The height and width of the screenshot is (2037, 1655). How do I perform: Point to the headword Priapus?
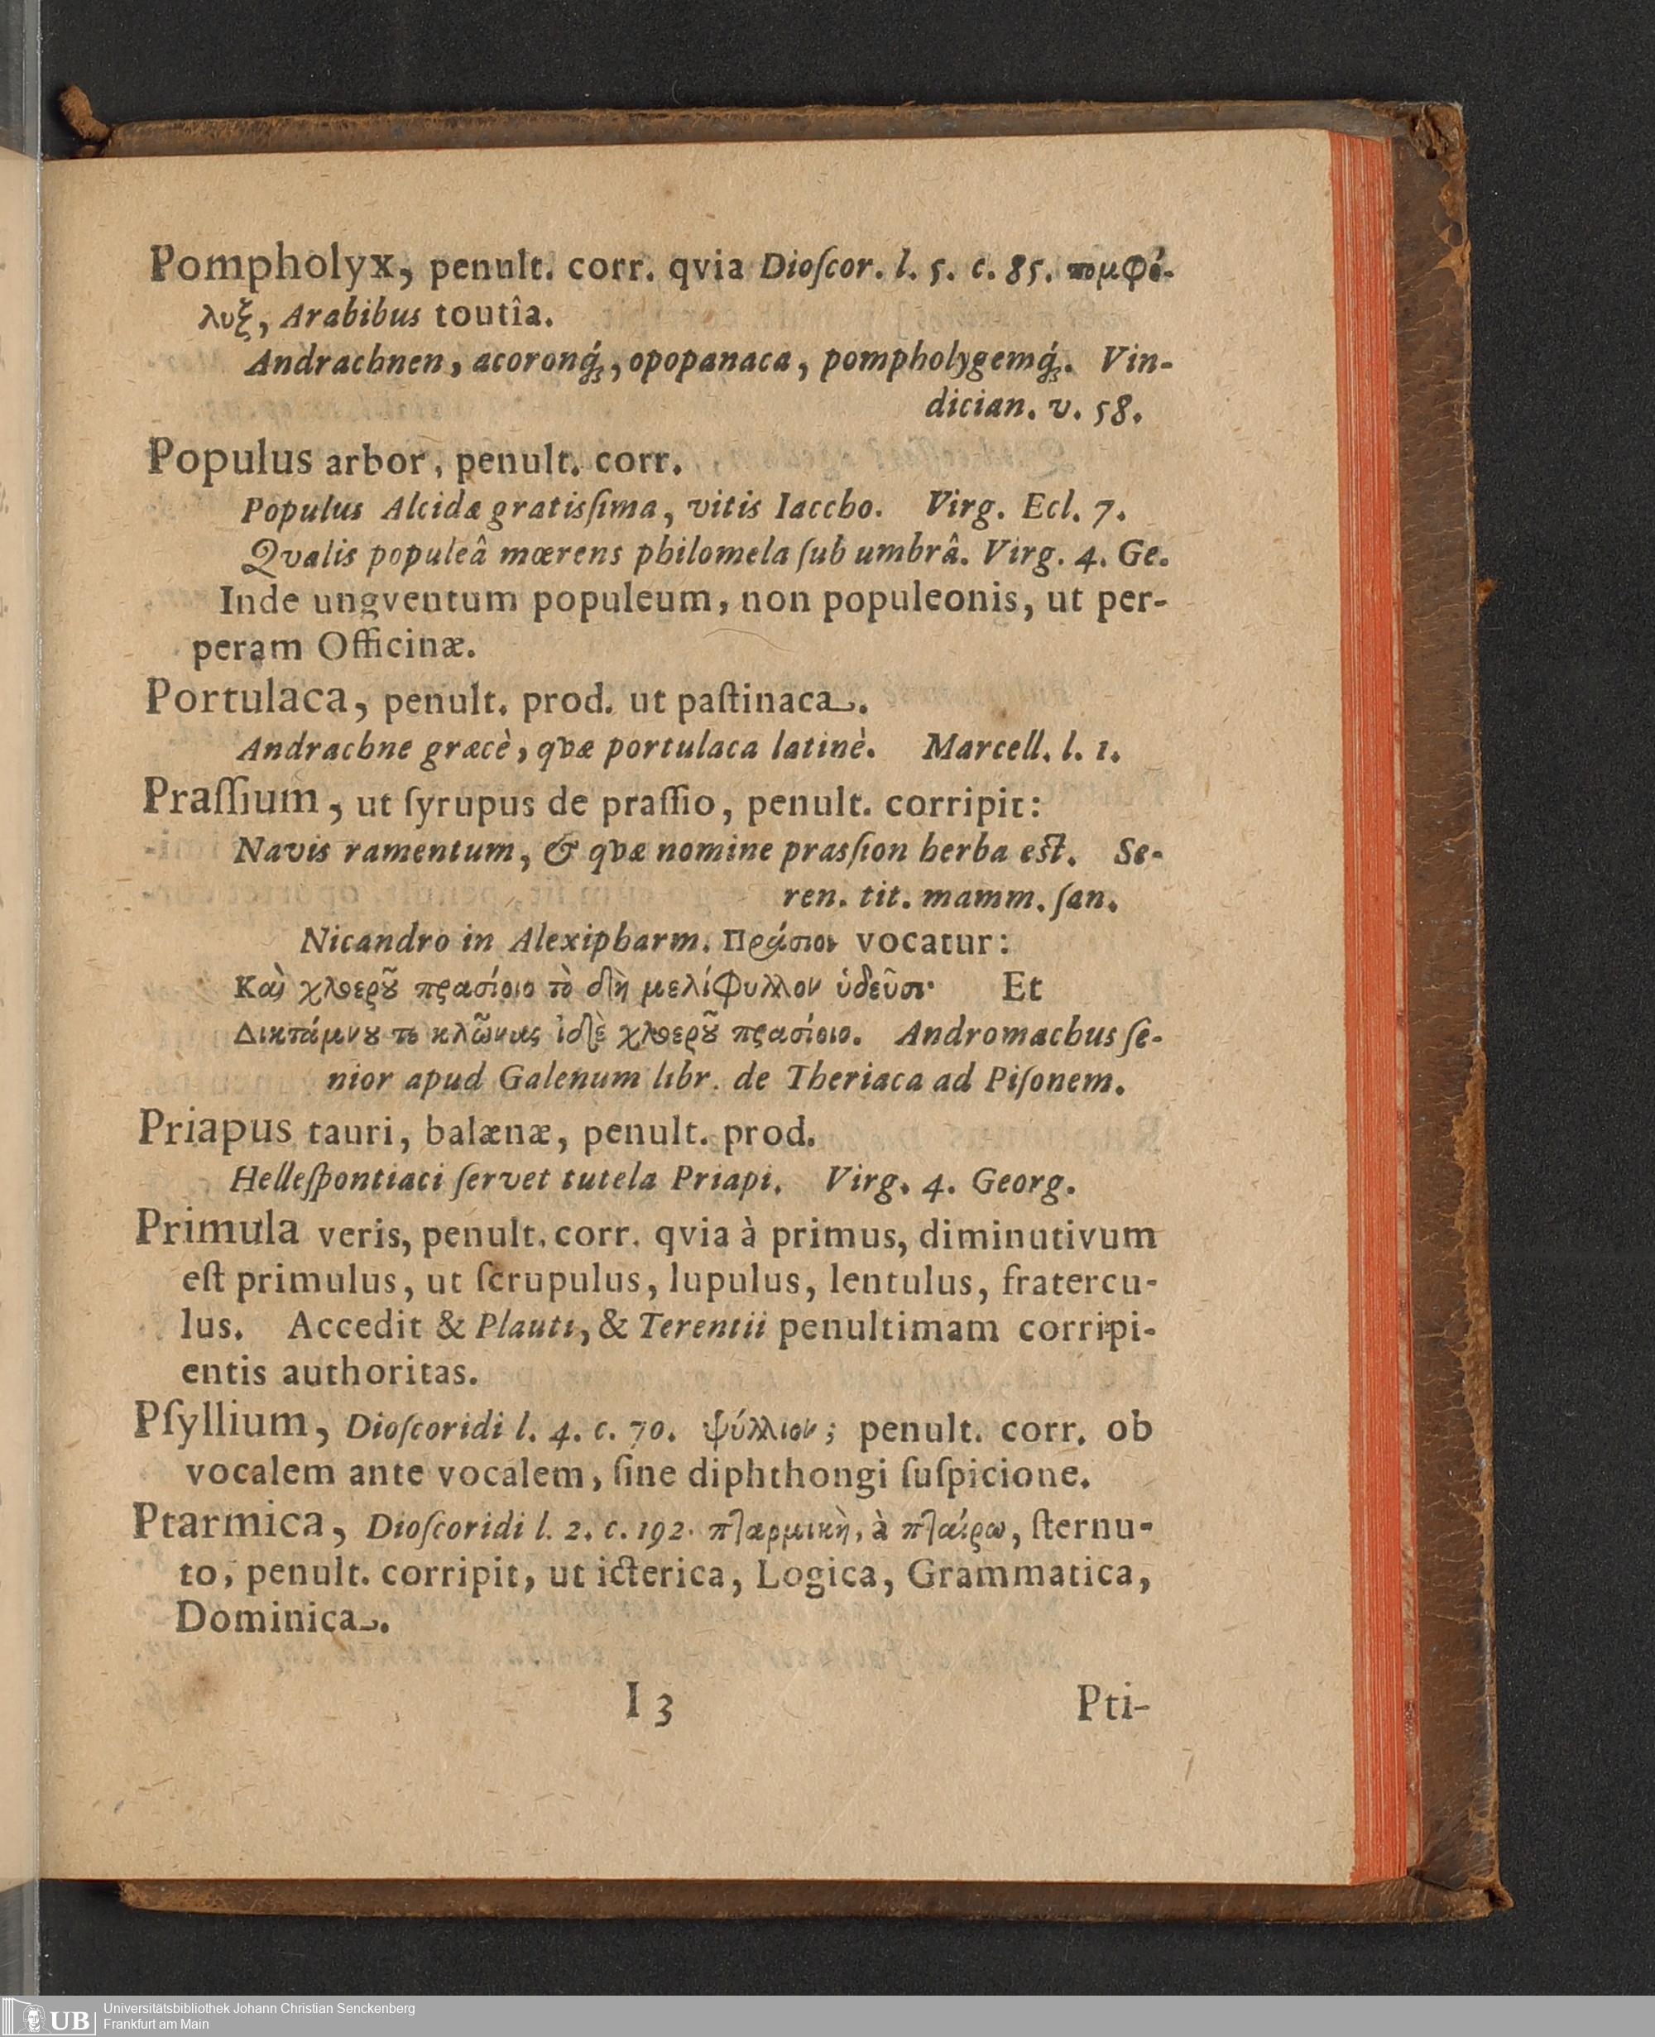[214, 1129]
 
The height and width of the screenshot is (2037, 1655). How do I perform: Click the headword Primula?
[217, 1229]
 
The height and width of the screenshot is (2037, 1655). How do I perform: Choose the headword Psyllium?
[220, 1423]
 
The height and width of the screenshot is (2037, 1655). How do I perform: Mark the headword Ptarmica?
[228, 1522]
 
